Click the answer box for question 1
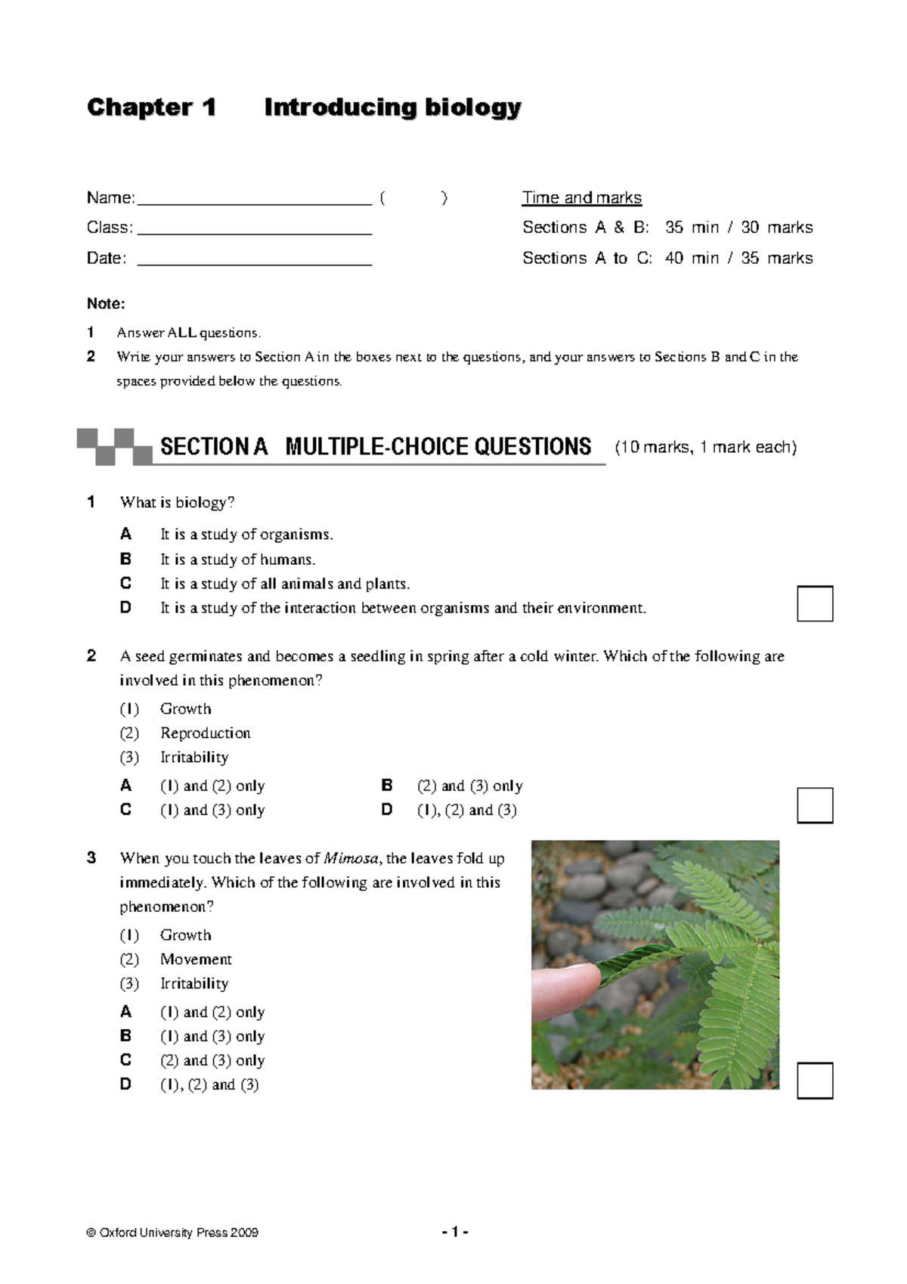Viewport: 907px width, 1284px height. [815, 603]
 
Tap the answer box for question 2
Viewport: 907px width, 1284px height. [815, 805]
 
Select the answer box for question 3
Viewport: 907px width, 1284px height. [815, 1081]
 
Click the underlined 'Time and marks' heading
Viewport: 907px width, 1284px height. [581, 198]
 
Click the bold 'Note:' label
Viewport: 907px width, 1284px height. [106, 304]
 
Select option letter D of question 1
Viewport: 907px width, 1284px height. [125, 607]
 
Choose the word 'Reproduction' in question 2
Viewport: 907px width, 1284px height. [205, 733]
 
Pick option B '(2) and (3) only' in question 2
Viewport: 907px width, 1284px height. [469, 786]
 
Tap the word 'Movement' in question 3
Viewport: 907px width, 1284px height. [196, 960]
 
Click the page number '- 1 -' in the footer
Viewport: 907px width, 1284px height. [455, 1233]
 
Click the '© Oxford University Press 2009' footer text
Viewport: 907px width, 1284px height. [173, 1233]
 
